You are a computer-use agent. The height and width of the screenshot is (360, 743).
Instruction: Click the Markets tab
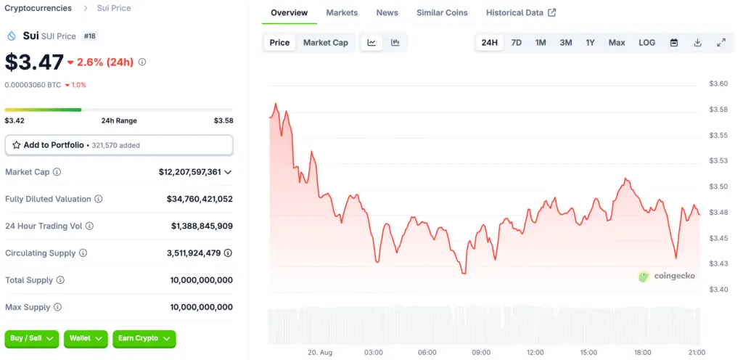point(342,13)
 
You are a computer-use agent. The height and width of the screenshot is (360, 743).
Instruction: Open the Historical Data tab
point(520,13)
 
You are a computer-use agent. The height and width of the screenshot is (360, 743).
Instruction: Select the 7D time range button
point(516,43)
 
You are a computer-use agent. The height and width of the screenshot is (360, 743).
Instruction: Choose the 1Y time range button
point(590,43)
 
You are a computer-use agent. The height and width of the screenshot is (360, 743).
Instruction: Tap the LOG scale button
point(646,43)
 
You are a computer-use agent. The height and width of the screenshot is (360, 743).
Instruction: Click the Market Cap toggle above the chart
point(325,43)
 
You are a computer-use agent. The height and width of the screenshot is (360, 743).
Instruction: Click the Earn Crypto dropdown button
point(144,338)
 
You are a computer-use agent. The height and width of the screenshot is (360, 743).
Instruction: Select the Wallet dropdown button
point(86,338)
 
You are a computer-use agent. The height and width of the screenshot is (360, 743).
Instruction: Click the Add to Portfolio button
point(119,145)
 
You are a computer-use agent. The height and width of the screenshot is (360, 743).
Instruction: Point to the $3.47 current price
point(34,62)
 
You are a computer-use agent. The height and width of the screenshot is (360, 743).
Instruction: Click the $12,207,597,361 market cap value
point(189,172)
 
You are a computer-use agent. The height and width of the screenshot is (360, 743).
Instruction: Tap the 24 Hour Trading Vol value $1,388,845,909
point(202,226)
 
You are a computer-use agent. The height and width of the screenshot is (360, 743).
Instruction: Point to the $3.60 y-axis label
point(718,84)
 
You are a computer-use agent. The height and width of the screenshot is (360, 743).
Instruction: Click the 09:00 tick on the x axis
point(481,352)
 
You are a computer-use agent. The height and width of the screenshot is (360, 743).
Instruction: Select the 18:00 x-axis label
point(642,352)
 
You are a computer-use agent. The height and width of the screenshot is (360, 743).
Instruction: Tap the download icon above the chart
point(697,43)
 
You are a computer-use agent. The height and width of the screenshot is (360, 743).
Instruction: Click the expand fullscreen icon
point(721,43)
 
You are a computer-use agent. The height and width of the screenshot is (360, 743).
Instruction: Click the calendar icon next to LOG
point(674,43)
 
